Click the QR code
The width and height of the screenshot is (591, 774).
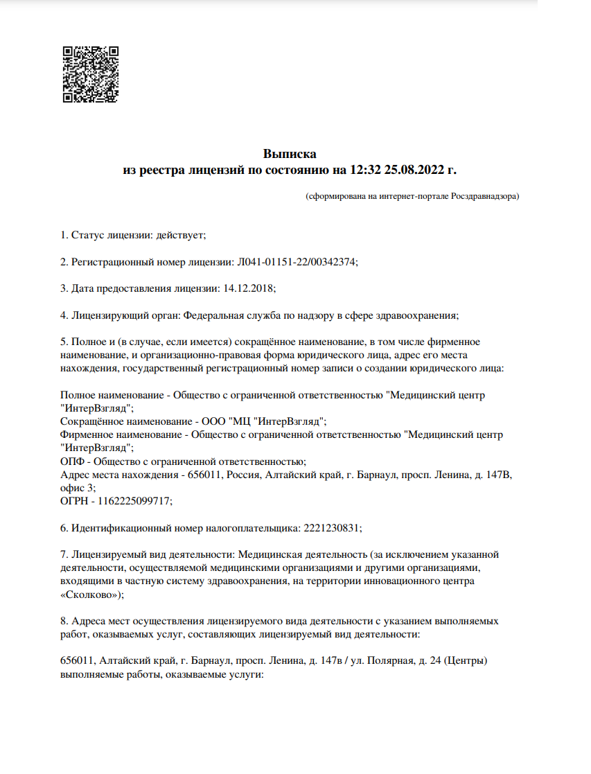tap(91, 74)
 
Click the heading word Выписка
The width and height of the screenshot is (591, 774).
tap(290, 153)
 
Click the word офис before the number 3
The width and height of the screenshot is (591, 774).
tap(71, 487)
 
